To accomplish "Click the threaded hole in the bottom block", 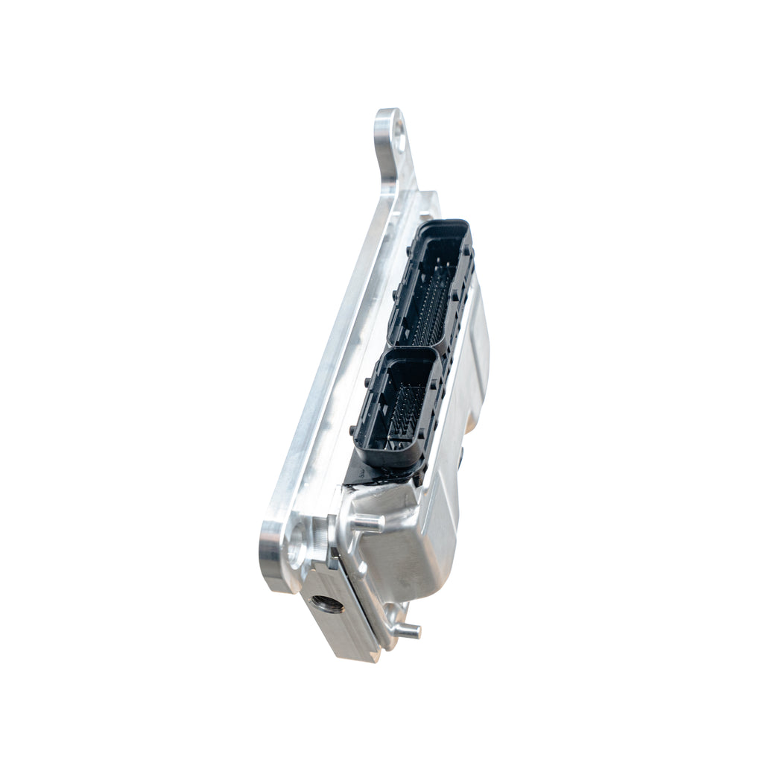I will pos(327,604).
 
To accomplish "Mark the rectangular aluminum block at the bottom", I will pos(339,618).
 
